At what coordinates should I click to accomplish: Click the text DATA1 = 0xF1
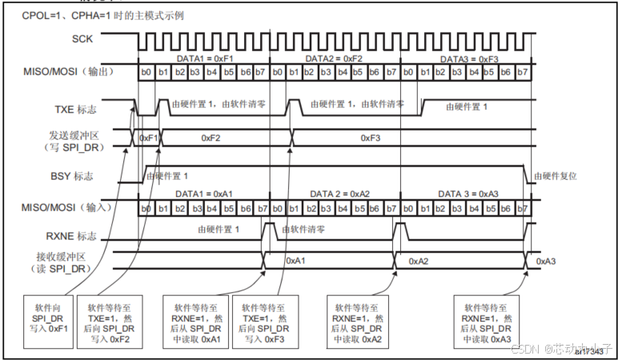[x=204, y=58]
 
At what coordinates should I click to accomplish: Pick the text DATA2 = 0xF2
[x=335, y=58]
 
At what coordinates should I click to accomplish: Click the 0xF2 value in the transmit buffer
[x=216, y=138]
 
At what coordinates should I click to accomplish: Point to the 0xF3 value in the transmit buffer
[x=370, y=138]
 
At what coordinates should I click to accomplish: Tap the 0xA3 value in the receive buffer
[x=547, y=261]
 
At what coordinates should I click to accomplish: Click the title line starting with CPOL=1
[x=79, y=15]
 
